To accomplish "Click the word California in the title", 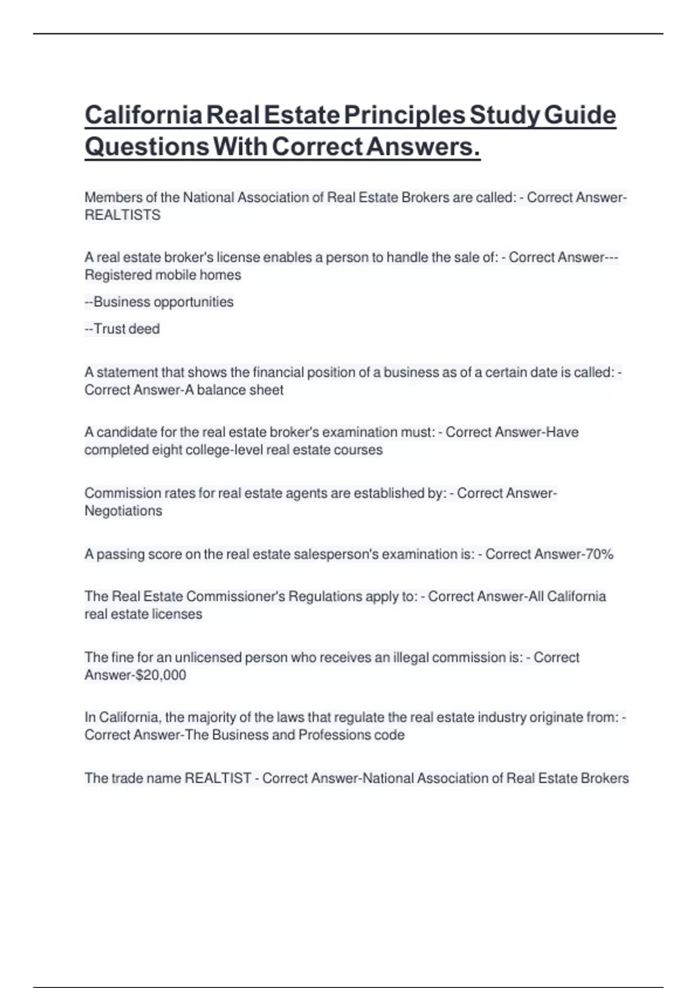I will pos(143,115).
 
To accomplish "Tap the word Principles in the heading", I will pos(404,115).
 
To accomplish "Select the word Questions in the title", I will pos(147,146).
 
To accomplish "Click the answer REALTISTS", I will pos(123,215).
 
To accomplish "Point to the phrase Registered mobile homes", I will pos(163,275).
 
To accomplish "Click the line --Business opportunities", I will pos(159,302).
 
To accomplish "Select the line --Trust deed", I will pos(122,329).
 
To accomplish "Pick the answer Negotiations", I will pos(123,511).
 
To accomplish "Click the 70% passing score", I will pos(599,554).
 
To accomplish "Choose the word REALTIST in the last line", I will pos(218,778).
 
